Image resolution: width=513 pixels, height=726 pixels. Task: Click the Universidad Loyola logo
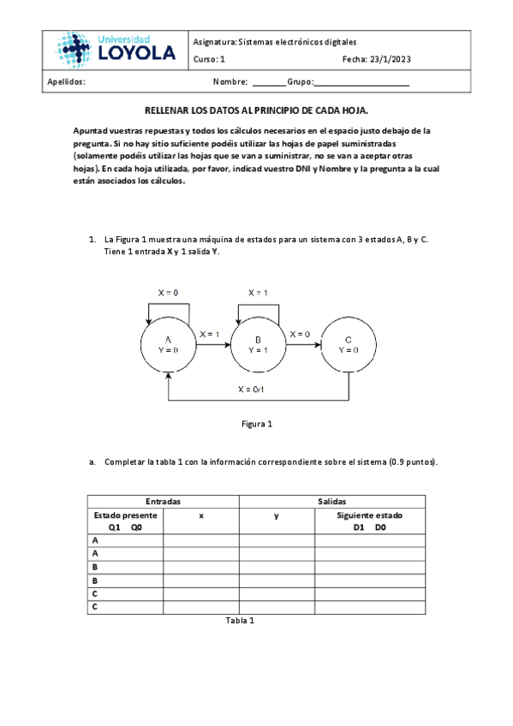[116, 49]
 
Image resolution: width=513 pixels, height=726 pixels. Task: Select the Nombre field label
[230, 82]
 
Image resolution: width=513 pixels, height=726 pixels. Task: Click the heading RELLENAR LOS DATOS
[256, 111]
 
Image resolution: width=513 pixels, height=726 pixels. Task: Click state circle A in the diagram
[168, 345]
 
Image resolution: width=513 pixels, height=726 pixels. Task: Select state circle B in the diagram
[258, 345]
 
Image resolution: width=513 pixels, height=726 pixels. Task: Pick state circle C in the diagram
[348, 345]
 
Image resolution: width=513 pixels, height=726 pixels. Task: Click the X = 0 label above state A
[168, 293]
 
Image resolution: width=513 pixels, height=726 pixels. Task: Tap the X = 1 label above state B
[258, 293]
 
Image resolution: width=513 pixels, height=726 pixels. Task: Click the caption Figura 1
[256, 424]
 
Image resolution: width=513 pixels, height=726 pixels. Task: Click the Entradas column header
[163, 502]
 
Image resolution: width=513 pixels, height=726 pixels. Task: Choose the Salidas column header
[331, 502]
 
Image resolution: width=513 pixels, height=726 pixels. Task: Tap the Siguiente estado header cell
[370, 521]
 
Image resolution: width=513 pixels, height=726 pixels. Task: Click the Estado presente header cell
[125, 521]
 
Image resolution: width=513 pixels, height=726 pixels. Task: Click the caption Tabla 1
[240, 621]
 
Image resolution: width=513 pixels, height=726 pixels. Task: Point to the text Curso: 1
[210, 59]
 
